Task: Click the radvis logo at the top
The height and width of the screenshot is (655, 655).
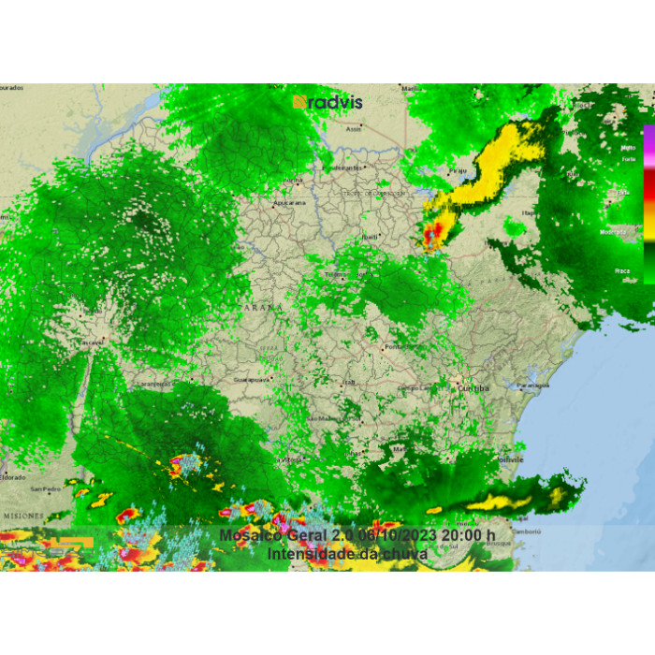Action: point(327,102)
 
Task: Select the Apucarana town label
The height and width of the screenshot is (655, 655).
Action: point(289,202)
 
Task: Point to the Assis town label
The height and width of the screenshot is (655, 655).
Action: point(354,129)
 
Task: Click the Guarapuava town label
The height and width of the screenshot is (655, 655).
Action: point(251,380)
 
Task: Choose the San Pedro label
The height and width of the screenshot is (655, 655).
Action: point(45,488)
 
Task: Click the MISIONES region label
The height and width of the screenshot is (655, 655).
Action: point(22,516)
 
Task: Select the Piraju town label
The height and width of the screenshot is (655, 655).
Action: point(458,171)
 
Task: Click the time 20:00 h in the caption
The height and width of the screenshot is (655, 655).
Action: point(468,535)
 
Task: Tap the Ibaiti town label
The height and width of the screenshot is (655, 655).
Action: point(371,238)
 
